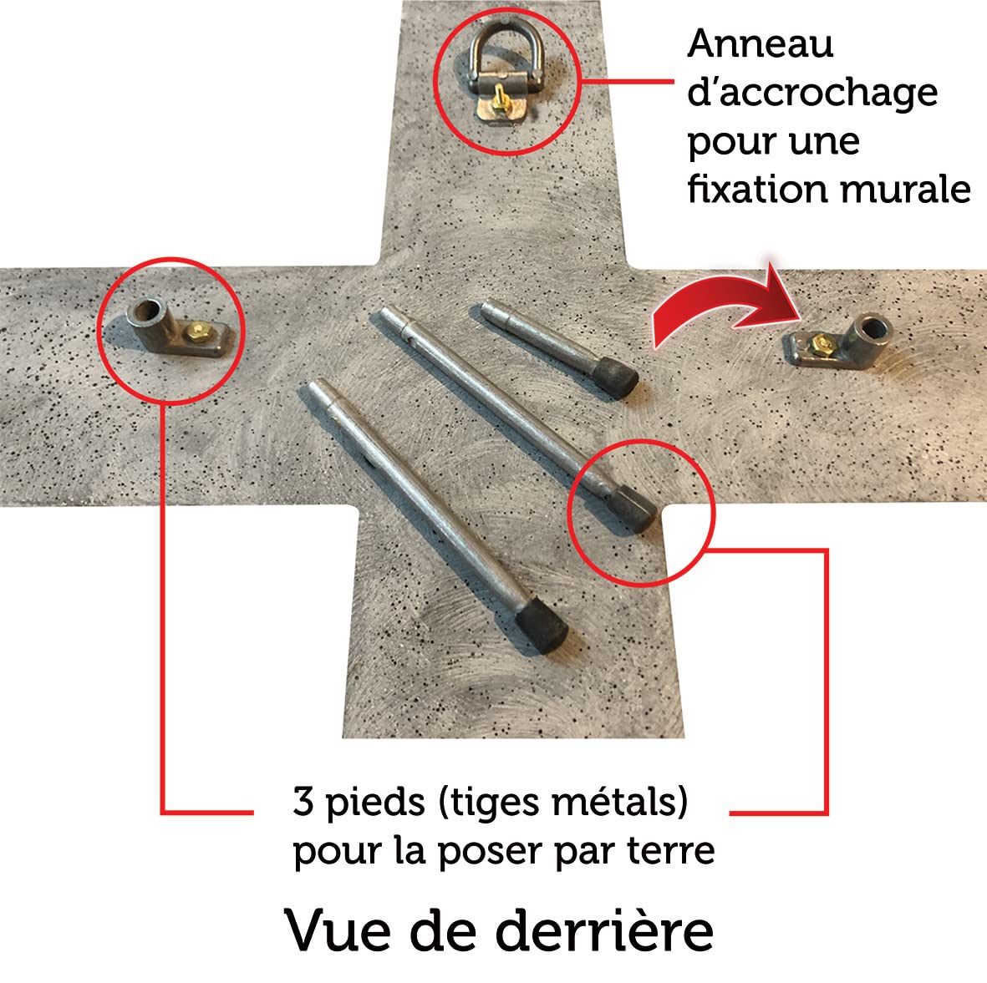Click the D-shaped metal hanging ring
point(477,44)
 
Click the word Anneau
point(761,44)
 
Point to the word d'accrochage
point(812,93)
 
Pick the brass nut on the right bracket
point(820,342)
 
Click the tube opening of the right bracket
point(873,327)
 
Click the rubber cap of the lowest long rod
point(542,626)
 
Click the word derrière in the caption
point(605,930)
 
